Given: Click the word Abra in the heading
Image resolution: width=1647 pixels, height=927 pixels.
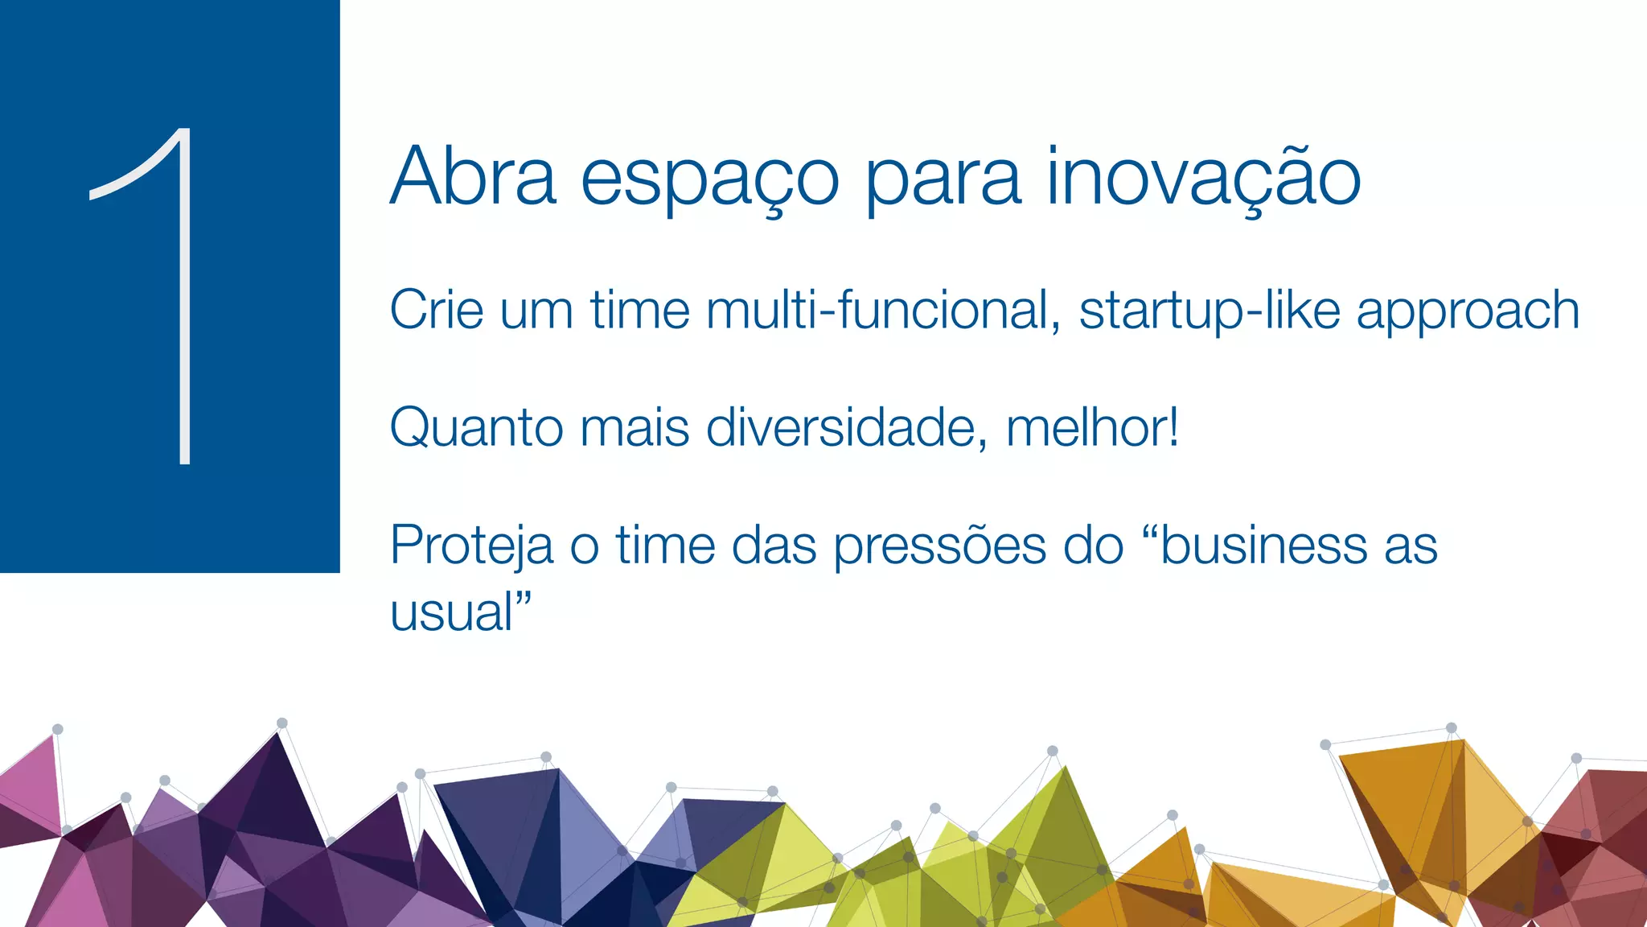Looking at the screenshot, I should click(473, 177).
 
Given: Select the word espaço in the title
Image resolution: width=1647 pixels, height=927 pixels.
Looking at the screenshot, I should click(709, 179).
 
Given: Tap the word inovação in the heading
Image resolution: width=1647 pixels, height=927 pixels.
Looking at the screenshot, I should click(1203, 177).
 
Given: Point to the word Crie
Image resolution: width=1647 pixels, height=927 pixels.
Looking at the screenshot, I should click(436, 311).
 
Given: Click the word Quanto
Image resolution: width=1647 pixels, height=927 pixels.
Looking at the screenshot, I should click(475, 428).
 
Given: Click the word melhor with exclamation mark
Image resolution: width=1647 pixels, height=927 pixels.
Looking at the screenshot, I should click(1092, 428).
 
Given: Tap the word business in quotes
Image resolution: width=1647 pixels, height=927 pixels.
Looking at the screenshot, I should click(1263, 546).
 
